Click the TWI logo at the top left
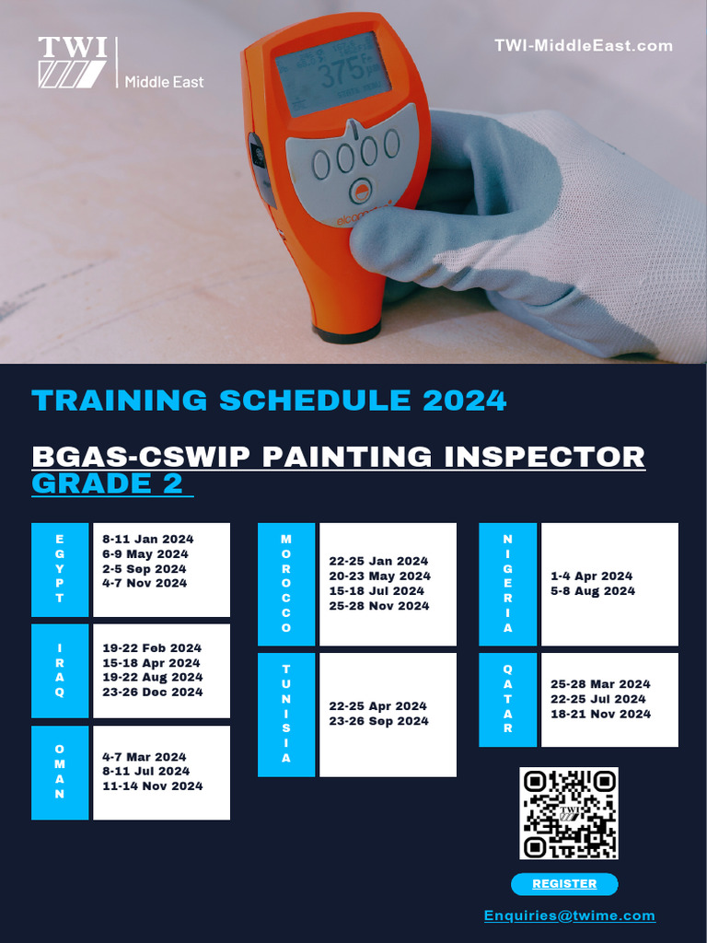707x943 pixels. (73, 63)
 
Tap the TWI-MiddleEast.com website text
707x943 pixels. (583, 45)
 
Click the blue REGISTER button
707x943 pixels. (564, 884)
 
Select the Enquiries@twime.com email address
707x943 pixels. (570, 915)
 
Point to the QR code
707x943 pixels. (568, 814)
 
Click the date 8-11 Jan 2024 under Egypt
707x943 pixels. (148, 540)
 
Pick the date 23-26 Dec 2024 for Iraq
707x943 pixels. (152, 693)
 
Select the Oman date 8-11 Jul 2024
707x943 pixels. (146, 772)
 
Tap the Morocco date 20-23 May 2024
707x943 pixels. (379, 576)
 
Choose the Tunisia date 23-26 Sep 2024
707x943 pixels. (378, 722)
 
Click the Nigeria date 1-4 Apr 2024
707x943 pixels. (591, 576)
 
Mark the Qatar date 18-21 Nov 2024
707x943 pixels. (600, 715)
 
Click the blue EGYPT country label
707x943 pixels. (60, 569)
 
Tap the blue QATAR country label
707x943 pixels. (507, 699)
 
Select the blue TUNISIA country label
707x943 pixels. (286, 714)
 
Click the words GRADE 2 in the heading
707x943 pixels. (108, 484)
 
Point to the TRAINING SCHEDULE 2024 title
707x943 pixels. (269, 401)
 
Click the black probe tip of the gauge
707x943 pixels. (347, 330)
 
